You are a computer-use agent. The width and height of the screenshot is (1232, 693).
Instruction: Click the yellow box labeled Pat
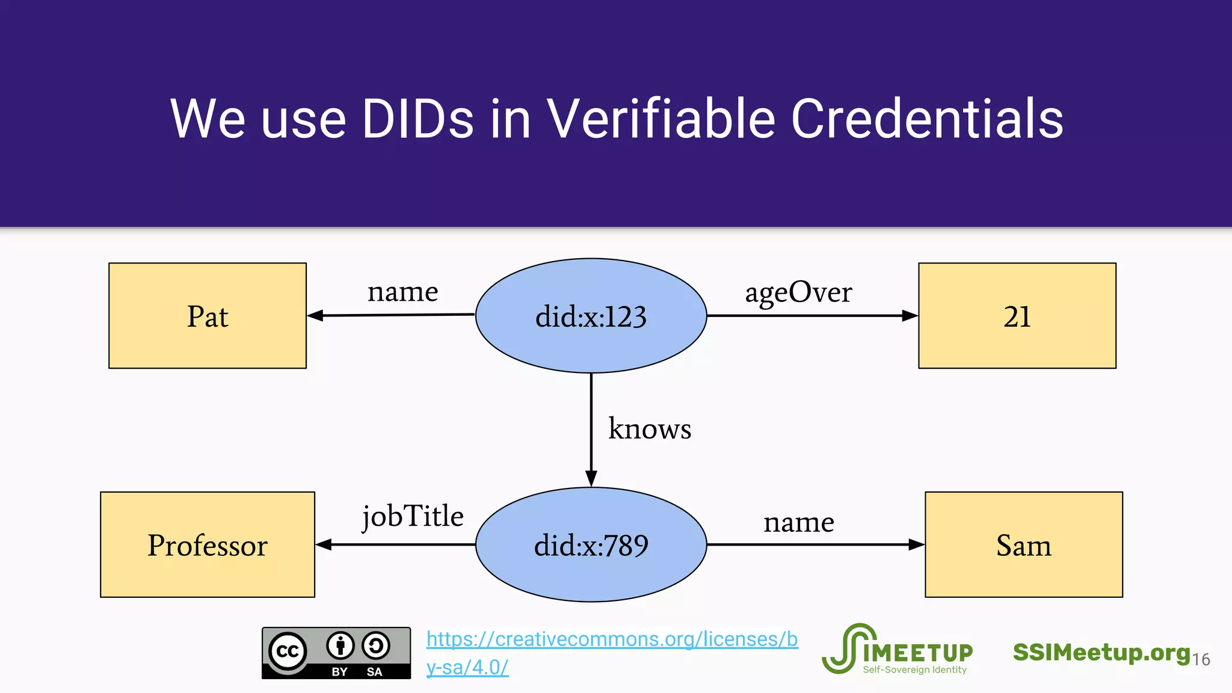(x=208, y=316)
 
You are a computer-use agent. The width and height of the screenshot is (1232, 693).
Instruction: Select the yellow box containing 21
(x=1017, y=316)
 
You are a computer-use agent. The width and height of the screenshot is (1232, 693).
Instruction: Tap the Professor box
(x=208, y=545)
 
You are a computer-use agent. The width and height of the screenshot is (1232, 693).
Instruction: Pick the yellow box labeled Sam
(x=1023, y=545)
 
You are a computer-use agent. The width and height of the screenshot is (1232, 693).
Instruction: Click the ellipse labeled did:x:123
(x=591, y=316)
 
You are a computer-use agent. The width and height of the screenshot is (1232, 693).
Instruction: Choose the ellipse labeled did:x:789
(x=591, y=545)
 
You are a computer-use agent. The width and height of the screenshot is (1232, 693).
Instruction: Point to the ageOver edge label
(x=798, y=293)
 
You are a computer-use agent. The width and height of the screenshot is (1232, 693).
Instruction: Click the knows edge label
(x=650, y=429)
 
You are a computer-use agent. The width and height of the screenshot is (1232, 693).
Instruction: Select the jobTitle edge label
(x=413, y=517)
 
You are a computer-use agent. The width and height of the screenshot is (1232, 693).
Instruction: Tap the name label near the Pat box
(x=402, y=292)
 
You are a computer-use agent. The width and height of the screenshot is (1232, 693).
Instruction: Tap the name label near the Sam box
(x=799, y=522)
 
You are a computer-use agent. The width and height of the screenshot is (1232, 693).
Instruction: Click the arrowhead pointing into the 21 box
(x=910, y=316)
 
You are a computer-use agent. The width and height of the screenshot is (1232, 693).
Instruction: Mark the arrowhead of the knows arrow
(x=591, y=478)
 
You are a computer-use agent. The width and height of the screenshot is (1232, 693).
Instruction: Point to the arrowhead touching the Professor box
(x=324, y=545)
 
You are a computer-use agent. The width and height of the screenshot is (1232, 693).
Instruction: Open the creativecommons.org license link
(x=612, y=639)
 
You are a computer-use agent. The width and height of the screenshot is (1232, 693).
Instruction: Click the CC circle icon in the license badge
(x=288, y=651)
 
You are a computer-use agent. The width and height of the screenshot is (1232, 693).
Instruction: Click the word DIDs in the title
(x=417, y=119)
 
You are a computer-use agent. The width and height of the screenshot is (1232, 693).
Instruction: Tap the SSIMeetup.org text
(x=1101, y=653)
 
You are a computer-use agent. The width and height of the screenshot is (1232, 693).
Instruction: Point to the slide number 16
(x=1201, y=660)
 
